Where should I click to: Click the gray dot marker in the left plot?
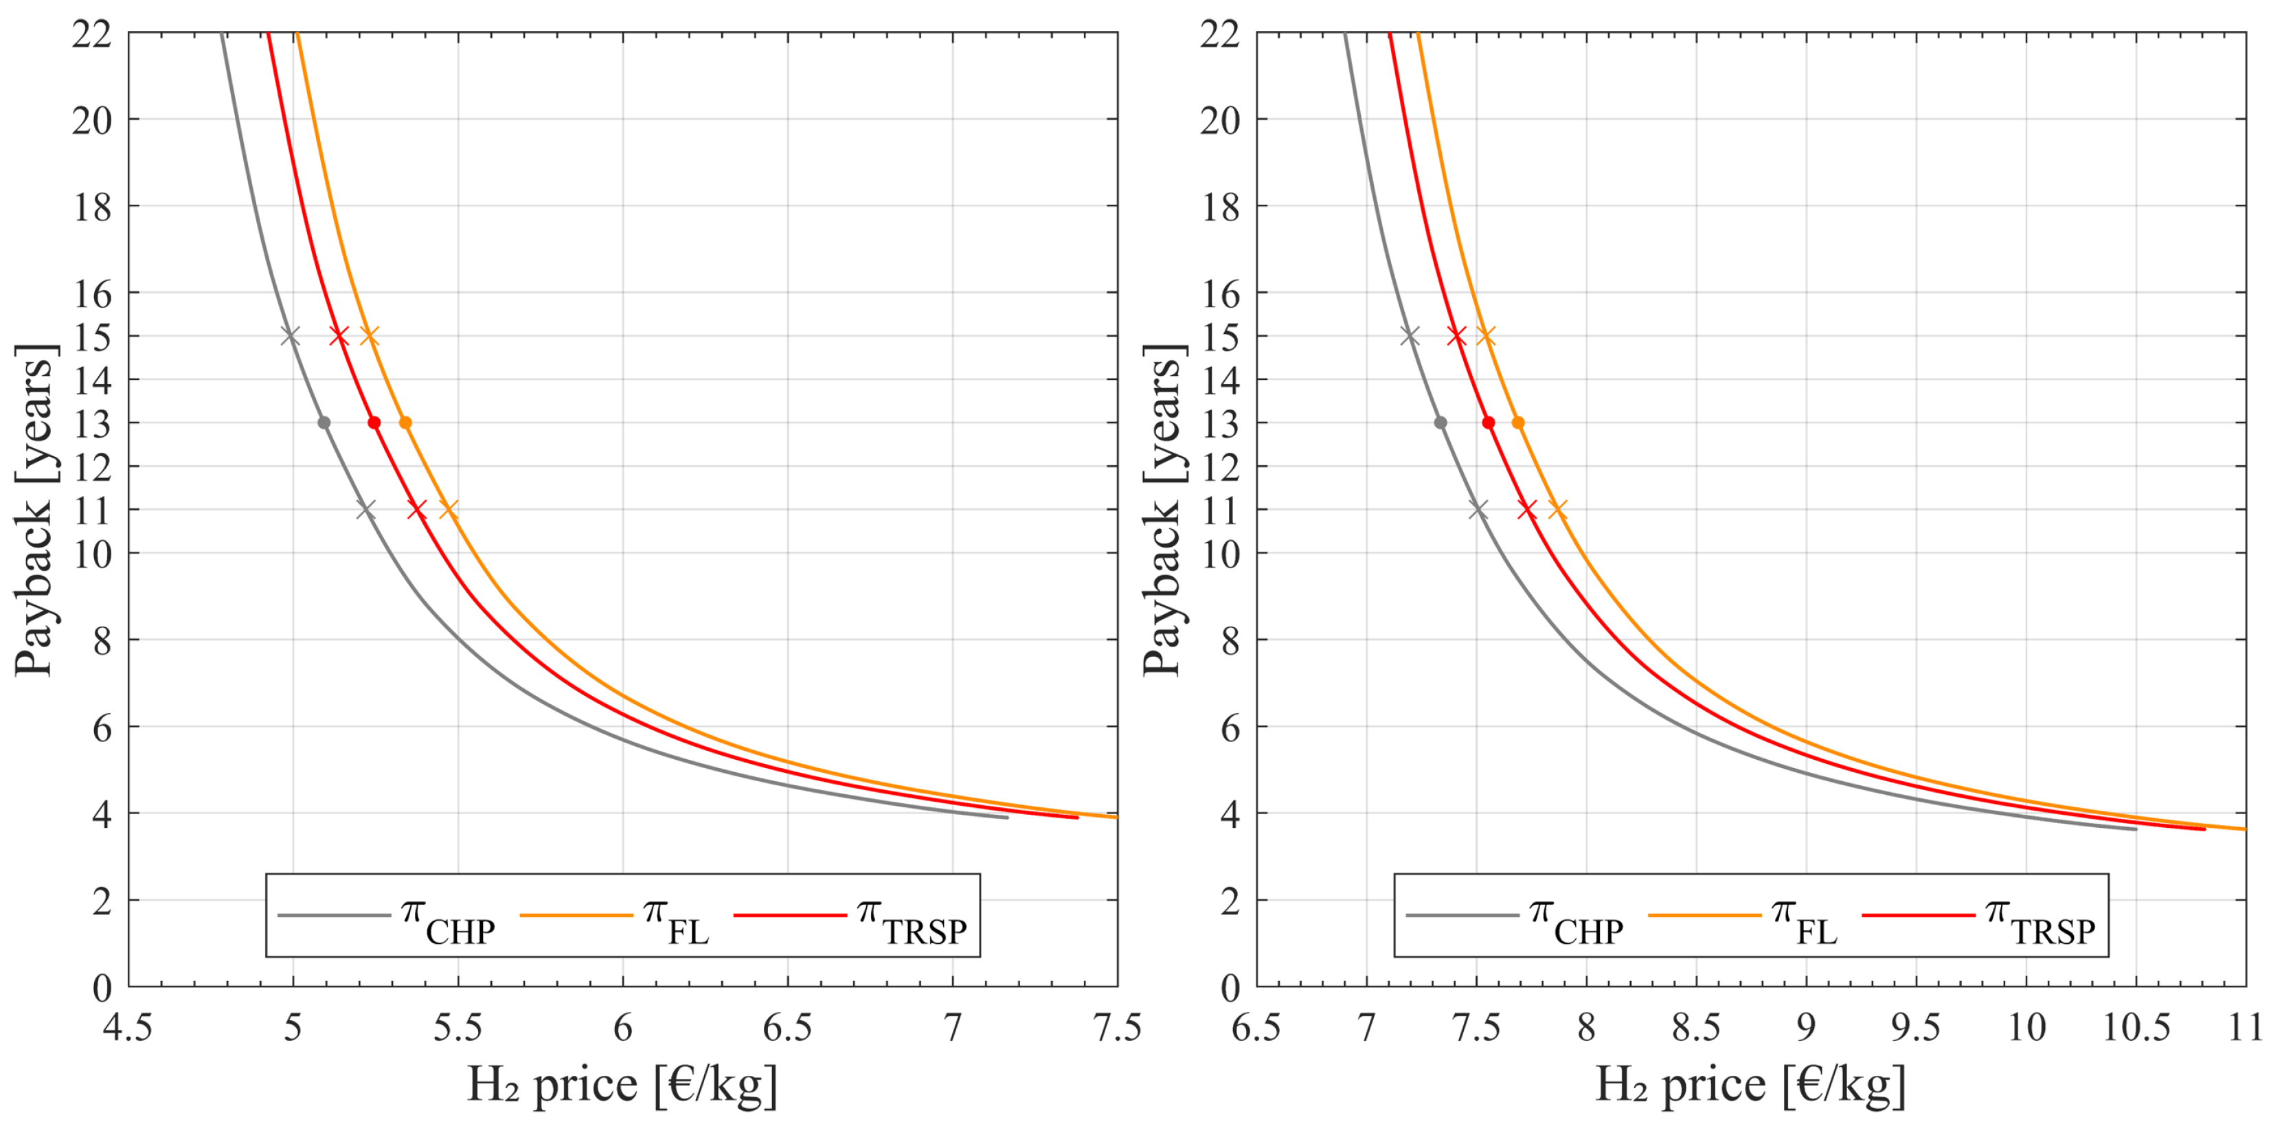(x=324, y=423)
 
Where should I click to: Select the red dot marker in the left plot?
(x=374, y=423)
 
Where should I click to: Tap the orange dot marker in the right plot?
(x=1517, y=423)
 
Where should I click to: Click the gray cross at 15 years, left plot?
(x=290, y=336)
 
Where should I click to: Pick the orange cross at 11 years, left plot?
(x=449, y=510)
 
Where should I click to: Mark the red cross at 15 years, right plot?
(x=1456, y=336)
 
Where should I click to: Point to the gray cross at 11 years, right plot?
(x=1478, y=510)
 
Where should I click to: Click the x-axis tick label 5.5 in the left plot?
(x=458, y=1028)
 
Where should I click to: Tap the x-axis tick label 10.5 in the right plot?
(x=2136, y=1028)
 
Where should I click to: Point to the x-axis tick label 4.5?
(x=128, y=1028)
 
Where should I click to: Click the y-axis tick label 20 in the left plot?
(x=92, y=120)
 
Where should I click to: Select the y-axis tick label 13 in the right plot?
(x=1220, y=425)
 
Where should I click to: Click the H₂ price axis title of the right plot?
(x=1750, y=1085)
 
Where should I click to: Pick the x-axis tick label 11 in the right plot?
(x=2246, y=1028)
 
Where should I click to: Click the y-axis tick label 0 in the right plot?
(x=1230, y=988)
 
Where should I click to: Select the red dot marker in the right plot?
(x=1489, y=423)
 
